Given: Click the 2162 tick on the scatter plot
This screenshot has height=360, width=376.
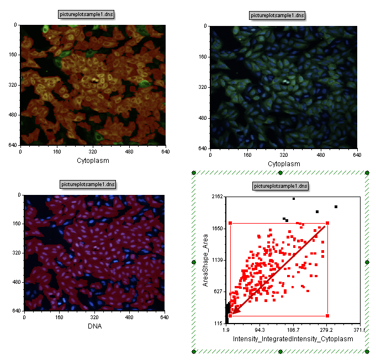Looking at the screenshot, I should [x=215, y=197].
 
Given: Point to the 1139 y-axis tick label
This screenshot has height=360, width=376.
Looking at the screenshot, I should [x=215, y=260].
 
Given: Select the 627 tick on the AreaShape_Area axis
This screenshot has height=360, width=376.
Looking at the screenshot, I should [x=216, y=292].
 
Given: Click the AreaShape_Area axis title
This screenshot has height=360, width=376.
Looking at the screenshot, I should [x=205, y=260].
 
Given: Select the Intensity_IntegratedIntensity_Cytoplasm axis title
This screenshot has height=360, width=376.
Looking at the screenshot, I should [x=293, y=338].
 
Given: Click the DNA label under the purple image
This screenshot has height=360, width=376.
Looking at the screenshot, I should [x=94, y=326].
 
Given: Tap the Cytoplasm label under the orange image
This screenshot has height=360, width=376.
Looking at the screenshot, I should [x=93, y=161].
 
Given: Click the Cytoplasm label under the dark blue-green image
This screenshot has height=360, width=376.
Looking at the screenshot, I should [x=284, y=164].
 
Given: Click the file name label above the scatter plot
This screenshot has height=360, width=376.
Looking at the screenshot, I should [x=280, y=186].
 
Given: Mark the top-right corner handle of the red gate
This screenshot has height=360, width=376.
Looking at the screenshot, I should [x=327, y=223].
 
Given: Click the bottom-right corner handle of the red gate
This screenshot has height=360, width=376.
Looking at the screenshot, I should [x=327, y=316].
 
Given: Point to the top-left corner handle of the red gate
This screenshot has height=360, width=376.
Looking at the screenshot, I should [x=230, y=223].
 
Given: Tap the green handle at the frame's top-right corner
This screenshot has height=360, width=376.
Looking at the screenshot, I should [x=367, y=173].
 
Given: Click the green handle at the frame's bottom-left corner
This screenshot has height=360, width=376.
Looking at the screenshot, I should [x=194, y=351].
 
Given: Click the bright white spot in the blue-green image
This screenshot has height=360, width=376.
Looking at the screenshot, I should [x=285, y=82].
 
